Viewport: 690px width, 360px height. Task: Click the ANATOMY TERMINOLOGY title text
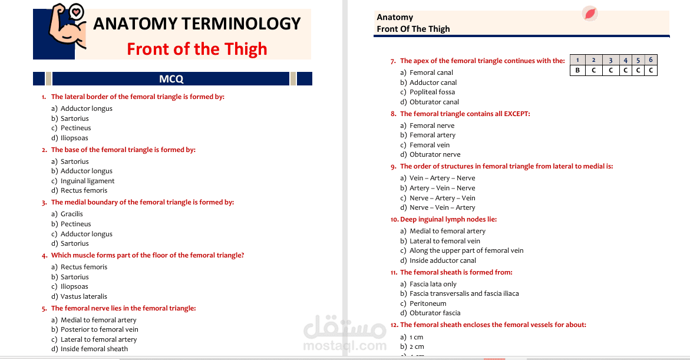(x=197, y=24)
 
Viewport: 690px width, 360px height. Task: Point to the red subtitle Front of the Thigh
(x=197, y=49)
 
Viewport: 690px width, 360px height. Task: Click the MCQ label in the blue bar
(x=171, y=79)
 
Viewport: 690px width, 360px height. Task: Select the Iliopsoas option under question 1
(x=74, y=138)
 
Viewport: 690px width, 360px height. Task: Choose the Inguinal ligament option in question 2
(x=87, y=181)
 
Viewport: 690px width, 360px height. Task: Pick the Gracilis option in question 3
(x=72, y=214)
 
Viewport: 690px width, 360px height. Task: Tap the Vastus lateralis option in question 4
(x=84, y=296)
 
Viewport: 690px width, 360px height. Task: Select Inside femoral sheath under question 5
(x=94, y=349)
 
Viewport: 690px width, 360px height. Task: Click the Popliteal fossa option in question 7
(x=432, y=92)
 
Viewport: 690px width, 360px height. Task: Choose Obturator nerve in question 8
(x=435, y=154)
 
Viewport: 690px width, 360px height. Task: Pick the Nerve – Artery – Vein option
(x=442, y=198)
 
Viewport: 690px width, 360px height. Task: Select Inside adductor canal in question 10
(x=443, y=260)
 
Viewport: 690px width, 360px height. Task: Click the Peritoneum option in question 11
(x=428, y=303)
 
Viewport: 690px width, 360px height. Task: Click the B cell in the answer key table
(x=577, y=70)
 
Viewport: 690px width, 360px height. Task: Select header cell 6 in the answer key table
(x=651, y=60)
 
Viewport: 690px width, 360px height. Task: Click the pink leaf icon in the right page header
(x=590, y=14)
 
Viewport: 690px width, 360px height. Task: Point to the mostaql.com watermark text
(x=345, y=346)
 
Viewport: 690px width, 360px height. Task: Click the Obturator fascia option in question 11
(x=435, y=313)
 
